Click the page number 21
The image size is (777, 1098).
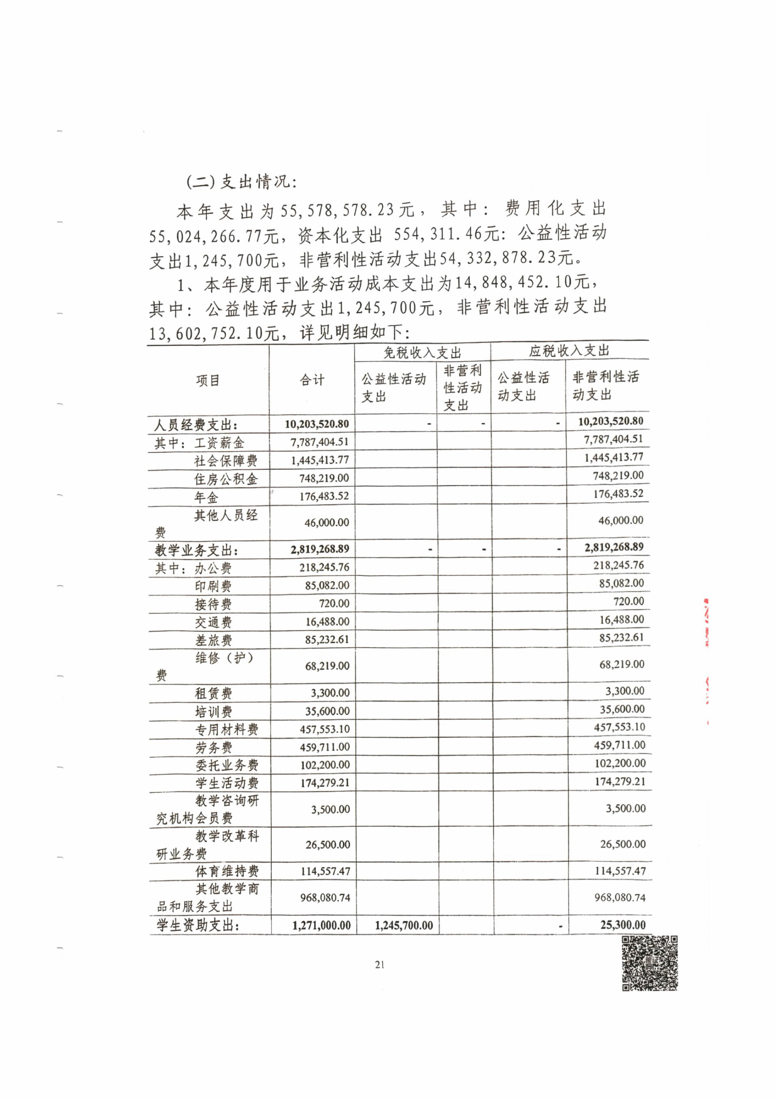[379, 965]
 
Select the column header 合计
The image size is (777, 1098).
[312, 380]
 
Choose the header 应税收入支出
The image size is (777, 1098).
[569, 351]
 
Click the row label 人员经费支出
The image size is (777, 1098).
[196, 425]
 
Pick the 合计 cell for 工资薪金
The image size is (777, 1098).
[319, 442]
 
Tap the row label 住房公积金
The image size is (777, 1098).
[226, 479]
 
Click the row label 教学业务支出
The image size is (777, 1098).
[197, 551]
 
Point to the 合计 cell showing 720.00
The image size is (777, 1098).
[334, 604]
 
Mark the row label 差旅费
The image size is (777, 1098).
[213, 640]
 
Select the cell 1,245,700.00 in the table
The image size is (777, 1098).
[404, 925]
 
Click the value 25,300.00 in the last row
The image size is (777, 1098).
[623, 925]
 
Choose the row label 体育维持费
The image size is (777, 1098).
[227, 871]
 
